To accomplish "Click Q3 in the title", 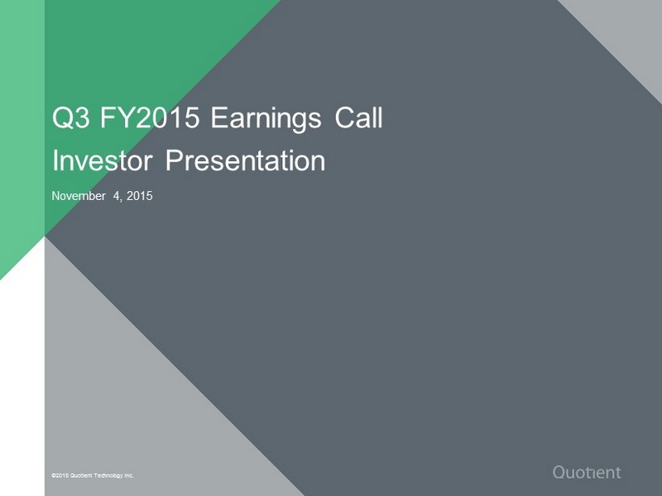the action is tap(70, 117).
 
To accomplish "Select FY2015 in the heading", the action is tap(150, 117).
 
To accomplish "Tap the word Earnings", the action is tap(266, 119).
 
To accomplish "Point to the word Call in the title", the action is tap(359, 117).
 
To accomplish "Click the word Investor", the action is tap(102, 160).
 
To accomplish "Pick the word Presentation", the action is tap(245, 160).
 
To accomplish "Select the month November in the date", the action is tap(79, 196).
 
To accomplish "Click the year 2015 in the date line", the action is tap(139, 196).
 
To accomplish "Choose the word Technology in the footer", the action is tap(108, 475).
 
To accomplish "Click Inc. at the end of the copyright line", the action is tap(129, 475).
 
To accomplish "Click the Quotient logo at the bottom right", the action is tap(587, 472).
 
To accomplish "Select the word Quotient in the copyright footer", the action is tap(81, 475).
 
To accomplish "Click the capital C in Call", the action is tap(343, 117).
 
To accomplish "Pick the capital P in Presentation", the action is tap(174, 160).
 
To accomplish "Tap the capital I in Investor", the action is tap(55, 160).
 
